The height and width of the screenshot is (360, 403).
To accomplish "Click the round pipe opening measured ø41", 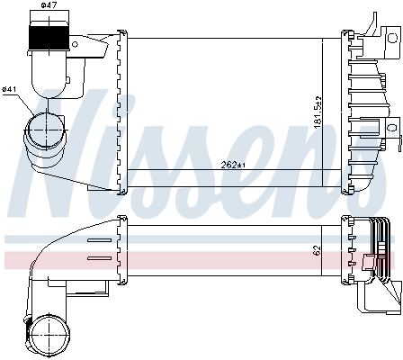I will pyautogui.click(x=41, y=131).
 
